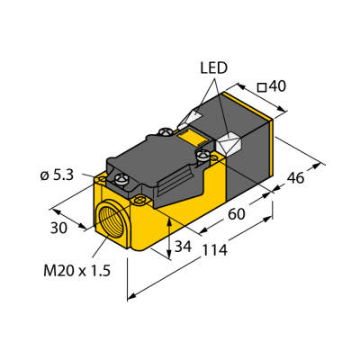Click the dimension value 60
click(x=236, y=214)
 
